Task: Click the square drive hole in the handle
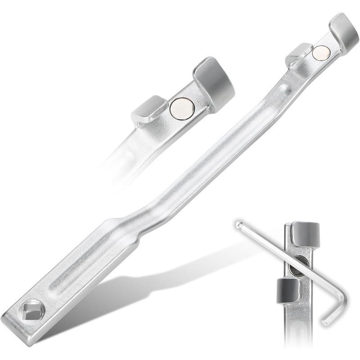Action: (28, 310)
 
